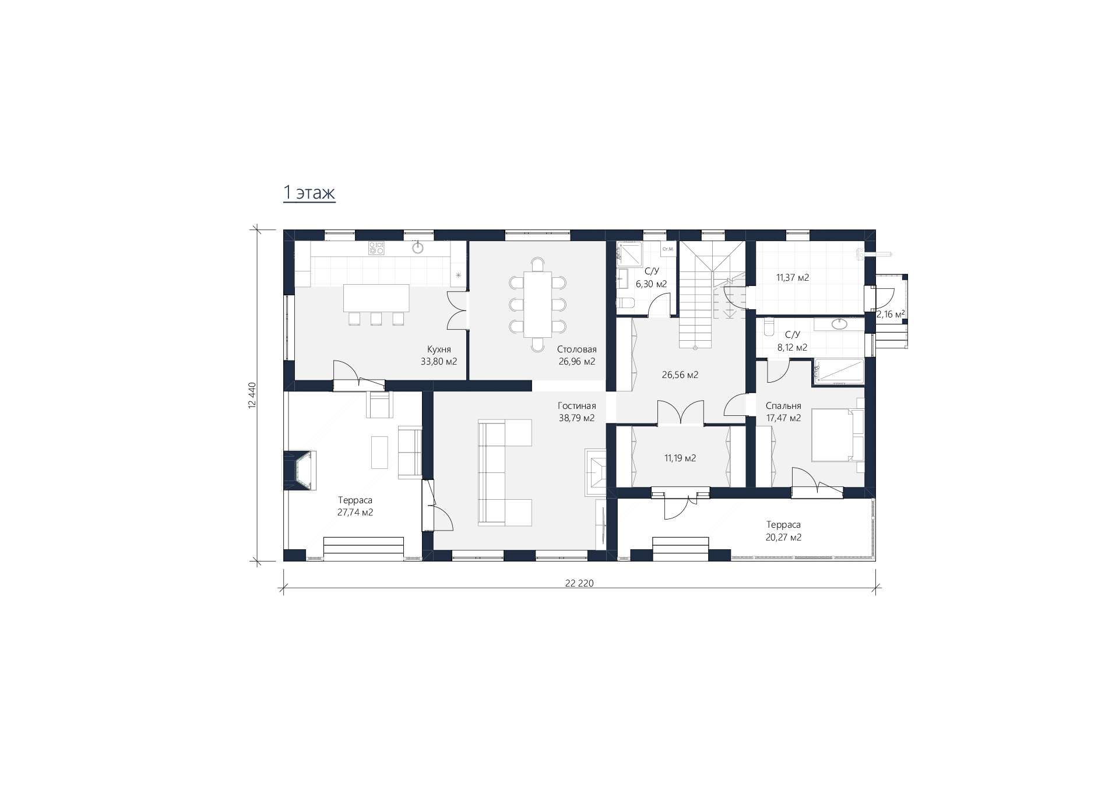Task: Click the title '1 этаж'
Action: tap(309, 192)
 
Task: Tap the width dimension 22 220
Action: tap(579, 583)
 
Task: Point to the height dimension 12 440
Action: tap(252, 395)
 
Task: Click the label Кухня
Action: tap(439, 349)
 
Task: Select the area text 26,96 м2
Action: tap(576, 362)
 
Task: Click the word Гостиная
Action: tap(576, 406)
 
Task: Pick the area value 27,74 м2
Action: tap(355, 513)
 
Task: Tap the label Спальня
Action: tap(783, 406)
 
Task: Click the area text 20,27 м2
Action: tap(783, 537)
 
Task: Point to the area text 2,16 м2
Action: tap(891, 315)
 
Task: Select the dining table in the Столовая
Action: tap(537, 305)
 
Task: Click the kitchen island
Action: tap(376, 298)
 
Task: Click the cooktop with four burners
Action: tap(376, 248)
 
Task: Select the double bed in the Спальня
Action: tap(838, 435)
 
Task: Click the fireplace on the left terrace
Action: tap(300, 470)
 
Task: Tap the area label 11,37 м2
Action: tap(792, 278)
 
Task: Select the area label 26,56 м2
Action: tap(680, 375)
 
